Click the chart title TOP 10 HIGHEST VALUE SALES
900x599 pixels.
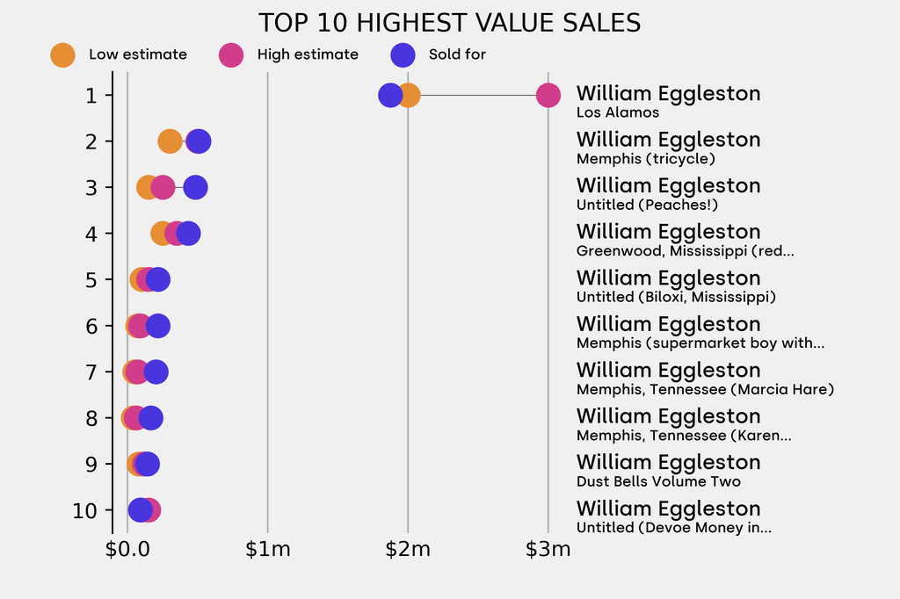pos(449,23)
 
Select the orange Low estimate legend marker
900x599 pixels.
pos(62,54)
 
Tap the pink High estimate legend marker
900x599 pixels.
pos(231,54)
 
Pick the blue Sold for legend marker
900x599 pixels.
pos(402,54)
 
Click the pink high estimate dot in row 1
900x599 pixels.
pos(548,95)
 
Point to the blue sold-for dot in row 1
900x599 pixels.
pos(389,95)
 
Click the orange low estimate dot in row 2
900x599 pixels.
pos(170,141)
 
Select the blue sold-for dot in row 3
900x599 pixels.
pos(195,187)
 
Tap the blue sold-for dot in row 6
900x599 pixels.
pos(157,326)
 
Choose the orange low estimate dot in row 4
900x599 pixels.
pos(161,234)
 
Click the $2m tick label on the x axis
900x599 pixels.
pos(408,550)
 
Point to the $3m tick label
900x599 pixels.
pos(548,550)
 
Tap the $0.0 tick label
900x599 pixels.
pos(127,550)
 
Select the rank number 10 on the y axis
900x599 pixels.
pos(86,510)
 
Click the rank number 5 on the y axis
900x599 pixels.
pos(92,279)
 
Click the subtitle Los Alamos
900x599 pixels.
pos(618,112)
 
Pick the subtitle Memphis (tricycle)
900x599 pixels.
pos(646,159)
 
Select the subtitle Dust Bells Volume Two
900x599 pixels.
pos(658,481)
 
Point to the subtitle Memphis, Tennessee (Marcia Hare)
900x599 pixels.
pos(705,389)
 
